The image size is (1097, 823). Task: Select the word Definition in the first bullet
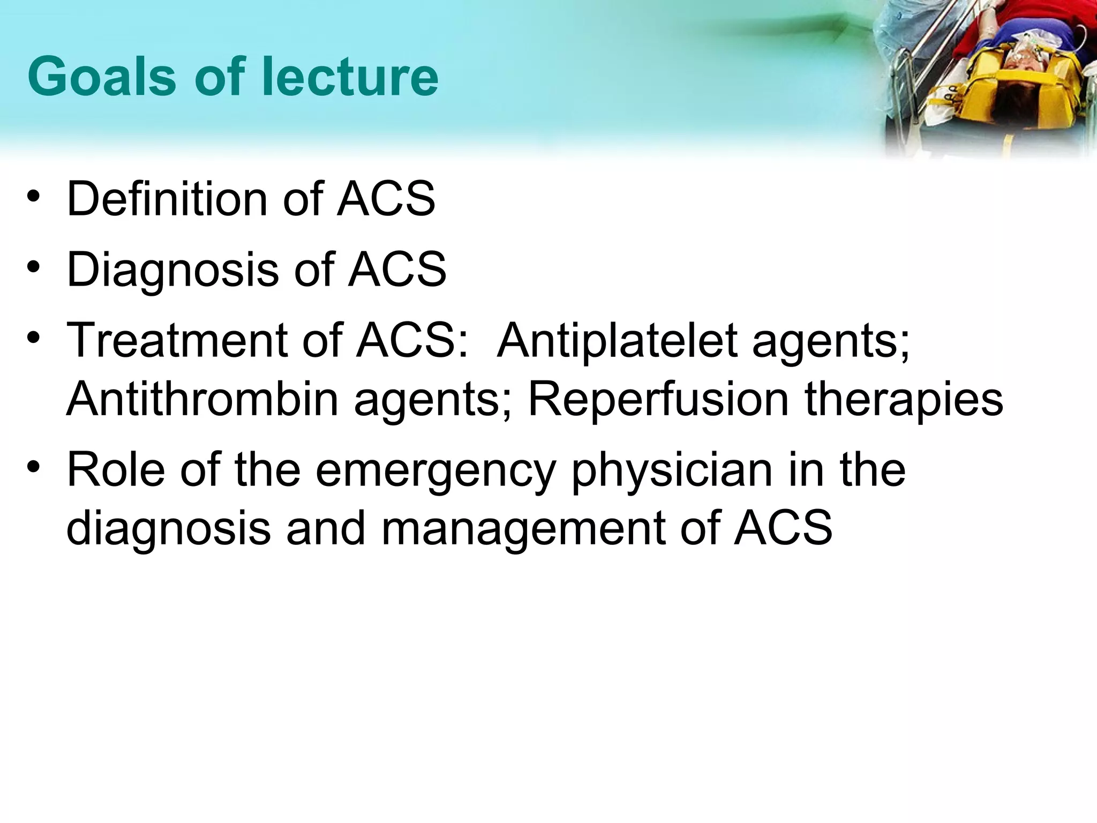pyautogui.click(x=167, y=199)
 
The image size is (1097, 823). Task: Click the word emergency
pyautogui.click(x=434, y=470)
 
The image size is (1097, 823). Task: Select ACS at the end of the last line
pyautogui.click(x=783, y=528)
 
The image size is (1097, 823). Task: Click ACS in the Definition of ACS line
pyautogui.click(x=386, y=199)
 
